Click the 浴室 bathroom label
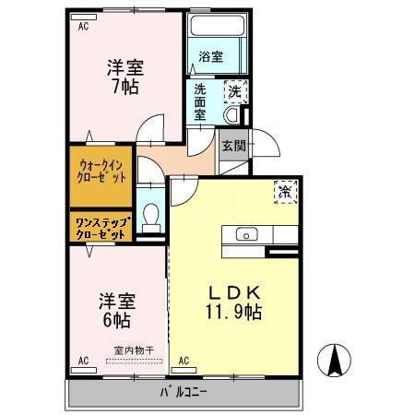tap(210, 57)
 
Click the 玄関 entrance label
tap(233, 145)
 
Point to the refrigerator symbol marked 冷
tap(284, 193)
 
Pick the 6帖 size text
tap(115, 321)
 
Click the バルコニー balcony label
tap(185, 392)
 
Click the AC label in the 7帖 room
tap(84, 26)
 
